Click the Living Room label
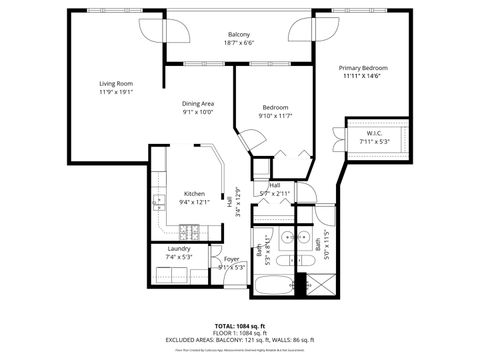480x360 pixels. click(x=115, y=83)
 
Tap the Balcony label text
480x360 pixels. click(x=238, y=34)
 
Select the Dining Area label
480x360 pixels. click(x=198, y=103)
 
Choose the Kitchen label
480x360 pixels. click(x=194, y=194)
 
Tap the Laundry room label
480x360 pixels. click(x=179, y=248)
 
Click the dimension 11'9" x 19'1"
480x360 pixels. click(x=115, y=91)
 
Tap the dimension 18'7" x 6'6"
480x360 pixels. click(x=238, y=43)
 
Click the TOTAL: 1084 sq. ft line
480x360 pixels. click(x=239, y=326)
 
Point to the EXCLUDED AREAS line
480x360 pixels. click(x=239, y=341)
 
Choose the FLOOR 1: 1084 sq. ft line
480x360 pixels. click(x=239, y=334)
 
